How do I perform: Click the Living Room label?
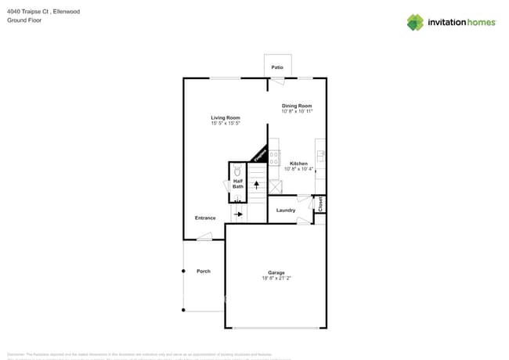[x=225, y=118]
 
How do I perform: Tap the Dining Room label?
[x=297, y=106]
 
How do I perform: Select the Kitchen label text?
[x=298, y=164]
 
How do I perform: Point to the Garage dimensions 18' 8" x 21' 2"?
[x=276, y=278]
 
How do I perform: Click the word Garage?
[x=276, y=272]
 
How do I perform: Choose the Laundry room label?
[x=285, y=210]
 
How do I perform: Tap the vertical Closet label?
[x=320, y=203]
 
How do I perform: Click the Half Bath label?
[x=238, y=184]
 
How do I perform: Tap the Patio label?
[x=277, y=68]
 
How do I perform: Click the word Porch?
[x=204, y=271]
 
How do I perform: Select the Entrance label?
[x=205, y=218]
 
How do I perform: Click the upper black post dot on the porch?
[x=183, y=271]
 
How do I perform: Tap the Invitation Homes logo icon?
[x=415, y=22]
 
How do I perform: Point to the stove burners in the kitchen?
[x=274, y=157]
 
